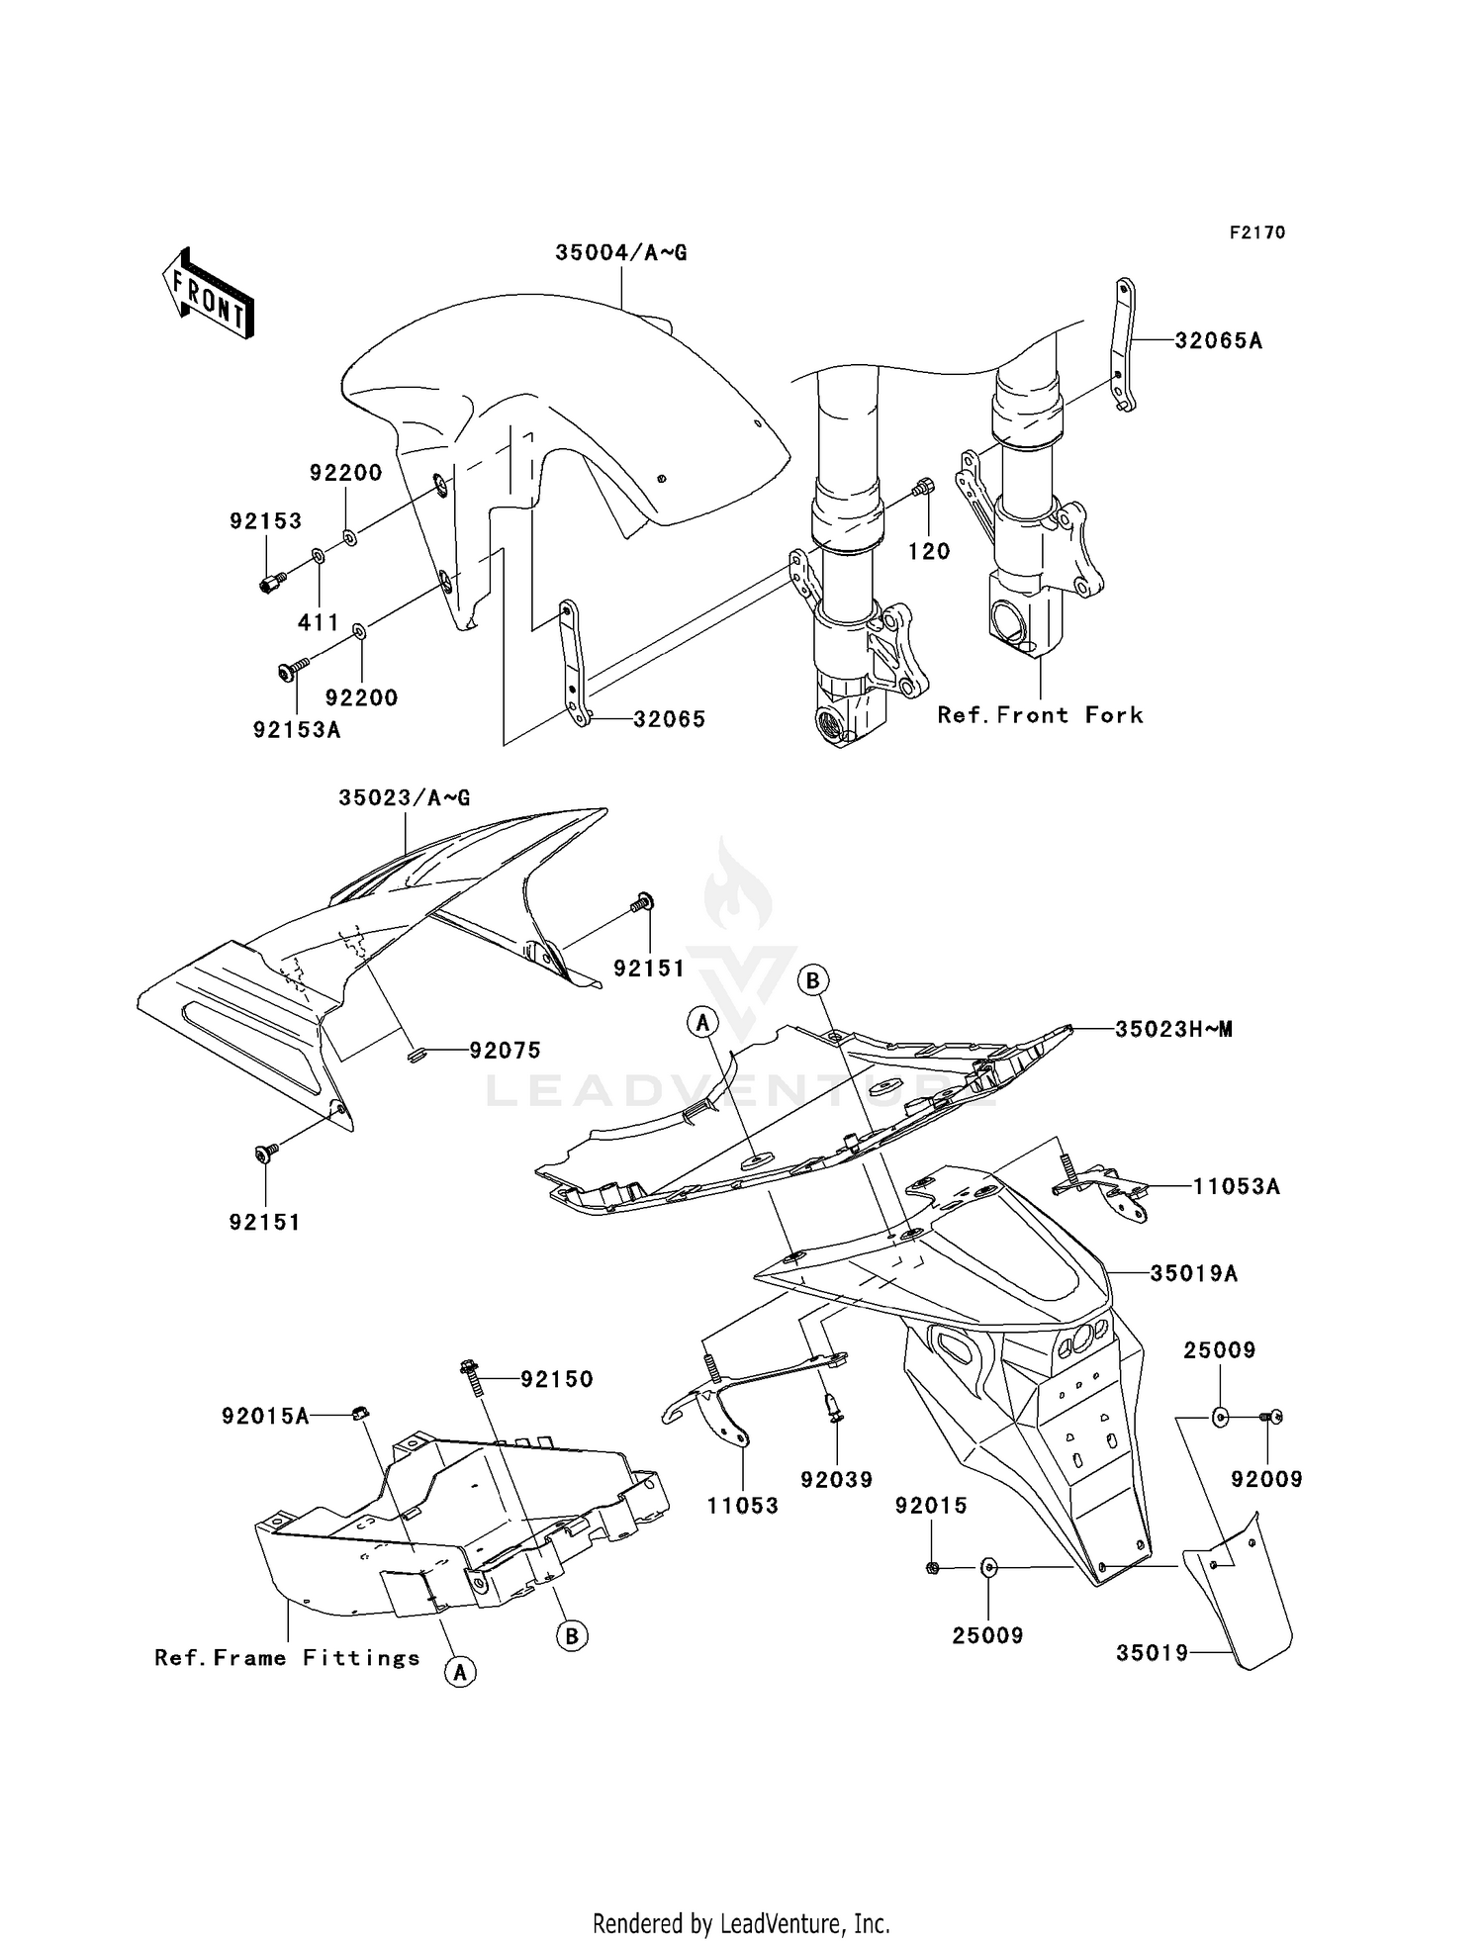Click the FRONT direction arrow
pyautogui.click(x=208, y=294)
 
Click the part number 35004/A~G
pyautogui.click(x=620, y=253)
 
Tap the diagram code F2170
pyautogui.click(x=1256, y=232)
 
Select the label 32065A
pyautogui.click(x=1218, y=341)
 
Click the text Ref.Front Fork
pyautogui.click(x=1040, y=715)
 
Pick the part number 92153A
pyautogui.click(x=296, y=730)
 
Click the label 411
pyautogui.click(x=319, y=622)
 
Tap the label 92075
pyautogui.click(x=505, y=1051)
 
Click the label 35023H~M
pyautogui.click(x=1173, y=1029)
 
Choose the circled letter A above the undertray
pyautogui.click(x=703, y=1023)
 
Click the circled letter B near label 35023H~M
pyautogui.click(x=813, y=980)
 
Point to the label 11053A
pyautogui.click(x=1236, y=1186)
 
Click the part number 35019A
pyautogui.click(x=1193, y=1274)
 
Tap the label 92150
pyautogui.click(x=556, y=1379)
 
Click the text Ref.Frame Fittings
pyautogui.click(x=287, y=1658)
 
